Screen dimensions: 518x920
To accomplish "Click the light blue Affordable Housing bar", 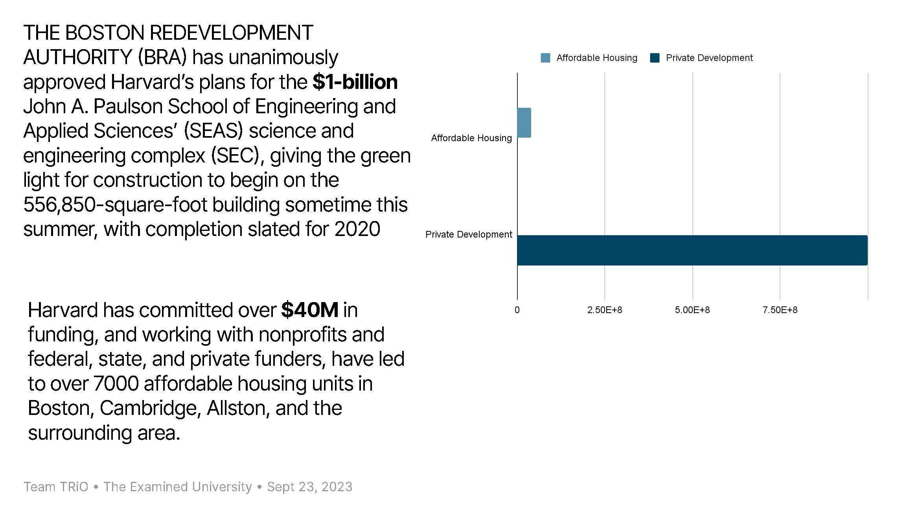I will [524, 123].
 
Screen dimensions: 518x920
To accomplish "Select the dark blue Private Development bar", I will [692, 250].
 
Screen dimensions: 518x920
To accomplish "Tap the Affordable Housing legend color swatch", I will [545, 58].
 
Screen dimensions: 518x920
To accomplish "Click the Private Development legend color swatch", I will [655, 58].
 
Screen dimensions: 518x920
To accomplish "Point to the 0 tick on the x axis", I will [517, 310].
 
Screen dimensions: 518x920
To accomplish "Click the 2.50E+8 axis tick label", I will [605, 310].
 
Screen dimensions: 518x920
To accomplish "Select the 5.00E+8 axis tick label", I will [692, 310].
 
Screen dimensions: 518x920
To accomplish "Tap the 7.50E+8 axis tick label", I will [780, 310].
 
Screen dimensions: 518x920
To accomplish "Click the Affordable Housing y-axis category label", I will [471, 138].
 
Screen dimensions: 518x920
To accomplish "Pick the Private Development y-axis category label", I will [469, 234].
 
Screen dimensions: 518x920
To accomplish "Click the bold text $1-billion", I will [355, 82].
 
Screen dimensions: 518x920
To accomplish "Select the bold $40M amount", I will [310, 310].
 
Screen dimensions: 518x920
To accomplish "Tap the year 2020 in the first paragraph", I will [357, 229].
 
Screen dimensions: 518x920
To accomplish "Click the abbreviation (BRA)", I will [162, 57].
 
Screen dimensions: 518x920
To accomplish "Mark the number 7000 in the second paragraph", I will [116, 383].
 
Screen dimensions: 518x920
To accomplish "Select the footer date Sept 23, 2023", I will [310, 487].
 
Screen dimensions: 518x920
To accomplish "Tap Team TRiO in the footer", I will [56, 487].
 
